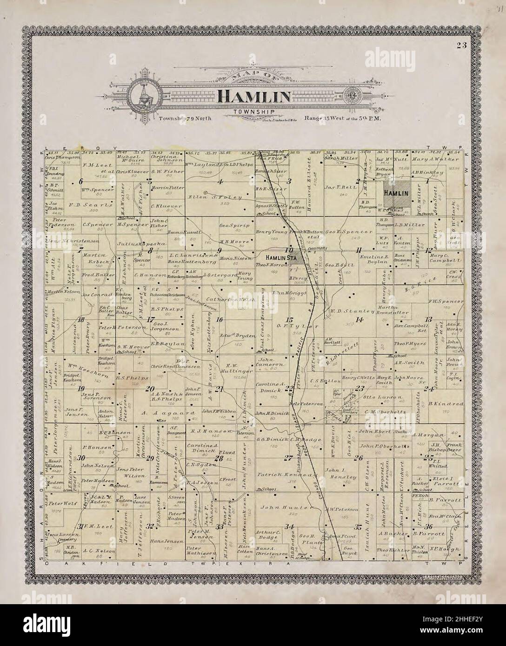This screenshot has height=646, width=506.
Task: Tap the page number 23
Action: tap(461, 45)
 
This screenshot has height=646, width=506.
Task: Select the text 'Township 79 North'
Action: tap(185, 119)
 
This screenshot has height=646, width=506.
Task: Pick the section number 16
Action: tap(220, 319)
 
